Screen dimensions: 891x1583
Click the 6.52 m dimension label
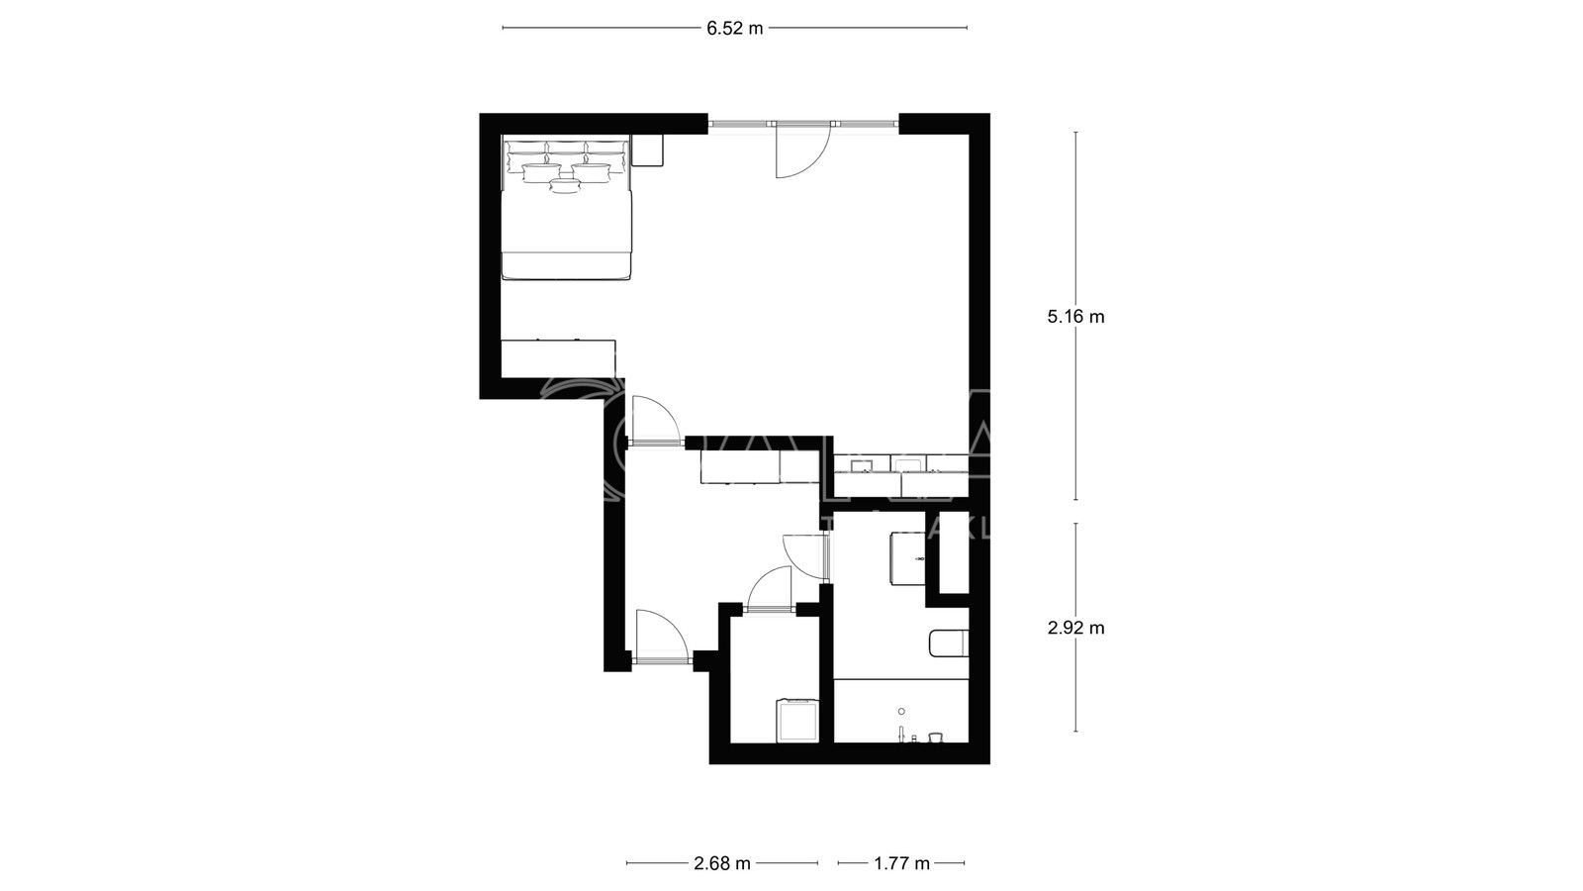pyautogui.click(x=734, y=29)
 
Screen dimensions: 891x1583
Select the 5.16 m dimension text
pyautogui.click(x=1075, y=317)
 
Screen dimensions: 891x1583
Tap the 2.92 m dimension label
pyautogui.click(x=1075, y=628)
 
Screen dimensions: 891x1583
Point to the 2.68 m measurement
pyautogui.click(x=722, y=863)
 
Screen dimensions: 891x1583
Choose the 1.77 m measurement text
pyautogui.click(x=901, y=863)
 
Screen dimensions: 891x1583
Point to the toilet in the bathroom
pyautogui.click(x=948, y=643)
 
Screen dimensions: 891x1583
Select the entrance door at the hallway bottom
pyautogui.click(x=658, y=637)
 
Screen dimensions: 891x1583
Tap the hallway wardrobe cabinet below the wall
pyautogui.click(x=756, y=466)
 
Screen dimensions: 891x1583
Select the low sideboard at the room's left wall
pyautogui.click(x=558, y=357)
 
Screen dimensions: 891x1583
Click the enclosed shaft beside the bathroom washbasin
pyautogui.click(x=953, y=552)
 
